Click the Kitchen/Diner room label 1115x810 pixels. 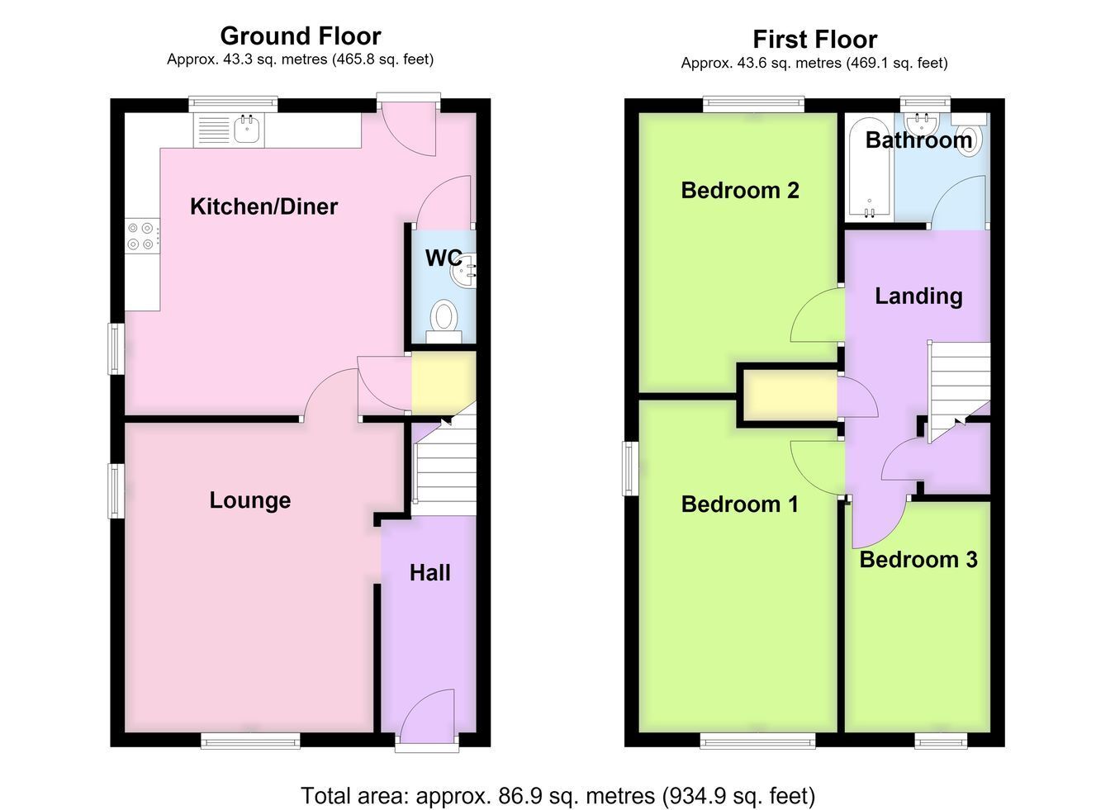coord(263,206)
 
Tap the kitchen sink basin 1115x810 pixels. coord(246,129)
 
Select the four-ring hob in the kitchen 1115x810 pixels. coord(142,236)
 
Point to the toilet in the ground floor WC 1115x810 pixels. coord(444,321)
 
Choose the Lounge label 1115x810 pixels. coord(250,500)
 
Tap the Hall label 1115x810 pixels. coord(430,573)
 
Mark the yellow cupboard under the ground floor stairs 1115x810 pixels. coord(444,383)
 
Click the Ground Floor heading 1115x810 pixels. coord(301,36)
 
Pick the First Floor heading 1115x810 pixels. coord(815,40)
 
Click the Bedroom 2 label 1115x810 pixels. coord(740,190)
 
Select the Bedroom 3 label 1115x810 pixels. coord(918,560)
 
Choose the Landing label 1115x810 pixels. coord(918,296)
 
